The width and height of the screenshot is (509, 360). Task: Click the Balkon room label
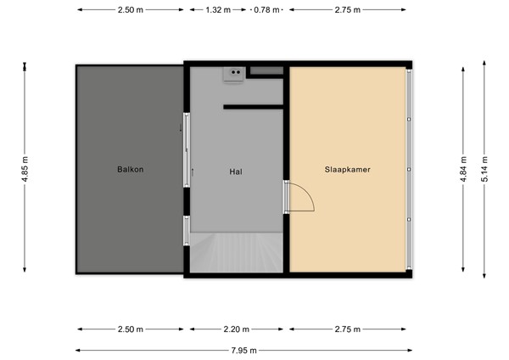point(130,169)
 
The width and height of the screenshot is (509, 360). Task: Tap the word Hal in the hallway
point(236,170)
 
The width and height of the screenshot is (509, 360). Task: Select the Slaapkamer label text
point(348,169)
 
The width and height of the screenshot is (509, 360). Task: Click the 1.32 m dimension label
point(217,10)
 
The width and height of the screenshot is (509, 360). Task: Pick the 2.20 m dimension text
point(238,329)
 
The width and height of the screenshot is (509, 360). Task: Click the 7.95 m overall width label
point(243,350)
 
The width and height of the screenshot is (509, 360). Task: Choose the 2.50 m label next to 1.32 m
point(130,10)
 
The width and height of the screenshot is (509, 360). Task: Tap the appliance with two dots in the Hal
point(232,75)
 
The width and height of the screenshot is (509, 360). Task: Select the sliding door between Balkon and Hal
point(187,149)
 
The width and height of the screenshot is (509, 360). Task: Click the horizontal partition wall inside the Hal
point(252,107)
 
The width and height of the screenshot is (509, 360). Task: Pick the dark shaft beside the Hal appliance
point(266,70)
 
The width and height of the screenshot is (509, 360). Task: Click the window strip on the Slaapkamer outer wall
point(410,170)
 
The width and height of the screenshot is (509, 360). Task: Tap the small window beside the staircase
point(187,230)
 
